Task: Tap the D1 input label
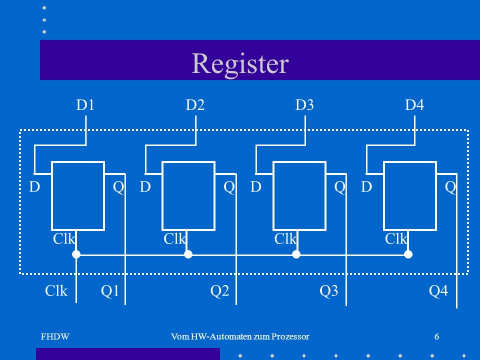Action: point(85,105)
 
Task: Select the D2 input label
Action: point(195,105)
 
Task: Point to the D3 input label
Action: point(304,105)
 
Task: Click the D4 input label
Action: point(414,105)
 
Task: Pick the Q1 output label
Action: point(110,291)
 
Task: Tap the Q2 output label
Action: point(219,291)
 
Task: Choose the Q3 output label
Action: point(329,291)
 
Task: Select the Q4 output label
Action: point(438,291)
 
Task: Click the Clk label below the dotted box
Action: point(56,291)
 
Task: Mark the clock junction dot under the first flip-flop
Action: point(76,254)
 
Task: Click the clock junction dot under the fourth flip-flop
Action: point(408,254)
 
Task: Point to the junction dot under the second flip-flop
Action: point(188,254)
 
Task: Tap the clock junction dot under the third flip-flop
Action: point(296,254)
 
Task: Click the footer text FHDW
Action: point(55,336)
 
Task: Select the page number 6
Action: point(437,336)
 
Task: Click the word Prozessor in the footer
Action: point(290,336)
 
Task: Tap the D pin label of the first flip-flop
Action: point(34,186)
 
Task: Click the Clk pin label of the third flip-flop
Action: point(285,239)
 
